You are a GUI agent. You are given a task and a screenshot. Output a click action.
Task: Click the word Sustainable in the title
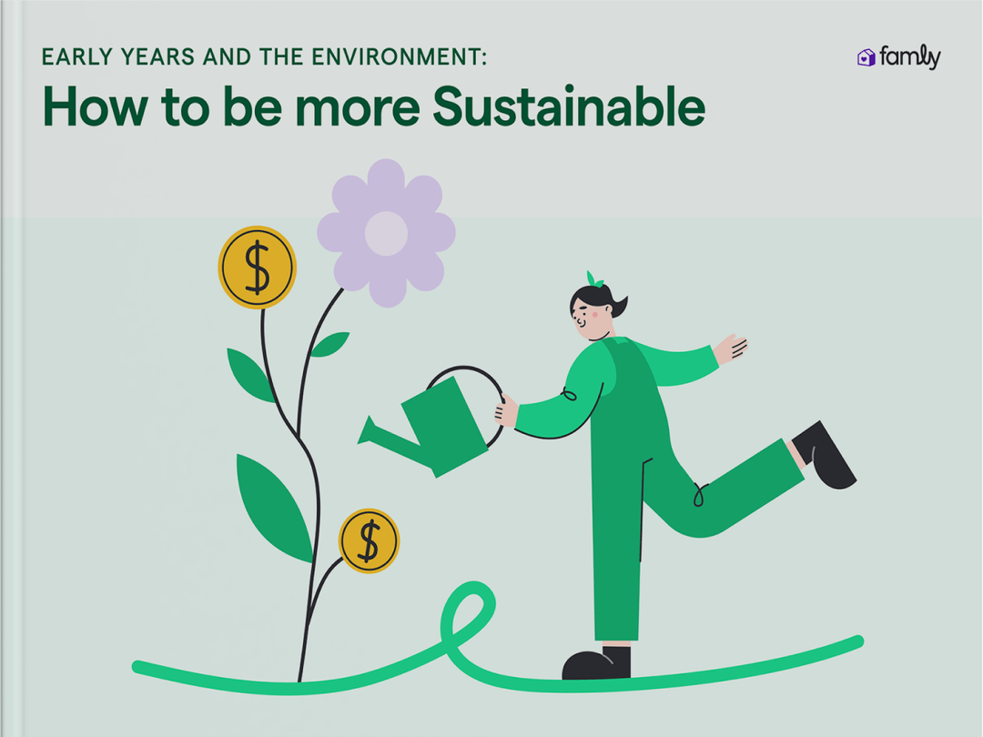click(569, 108)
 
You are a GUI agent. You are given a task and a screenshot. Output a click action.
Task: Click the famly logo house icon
click(866, 58)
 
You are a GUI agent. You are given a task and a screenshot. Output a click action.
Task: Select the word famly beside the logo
click(909, 58)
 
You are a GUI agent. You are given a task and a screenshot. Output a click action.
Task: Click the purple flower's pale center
click(386, 232)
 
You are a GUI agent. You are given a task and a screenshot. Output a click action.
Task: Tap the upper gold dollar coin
click(258, 268)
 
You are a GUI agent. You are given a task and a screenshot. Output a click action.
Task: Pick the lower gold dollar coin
click(369, 540)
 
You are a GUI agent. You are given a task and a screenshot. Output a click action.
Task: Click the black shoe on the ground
click(596, 664)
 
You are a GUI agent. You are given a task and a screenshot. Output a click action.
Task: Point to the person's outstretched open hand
click(730, 348)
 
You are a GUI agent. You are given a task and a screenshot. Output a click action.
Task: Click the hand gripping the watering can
click(505, 412)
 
